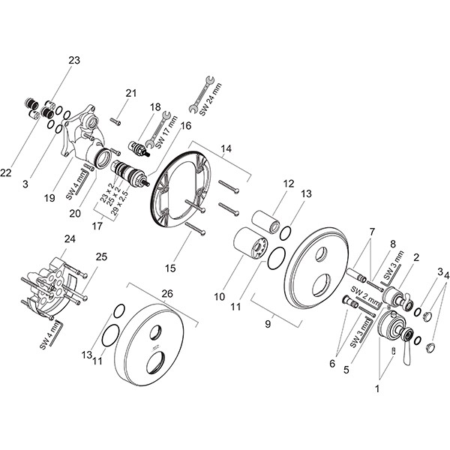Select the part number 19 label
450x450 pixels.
point(49,199)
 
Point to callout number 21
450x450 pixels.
point(132,93)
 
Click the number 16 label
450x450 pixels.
point(185,127)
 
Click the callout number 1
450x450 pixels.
point(378,389)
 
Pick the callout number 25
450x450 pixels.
point(100,256)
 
